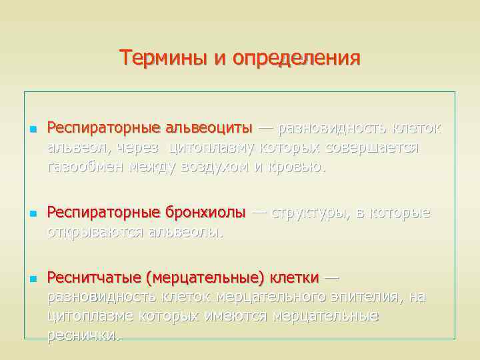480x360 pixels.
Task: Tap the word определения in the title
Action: tap(297, 58)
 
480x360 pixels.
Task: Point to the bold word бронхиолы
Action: tap(204, 213)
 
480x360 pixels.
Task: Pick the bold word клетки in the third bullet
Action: tap(295, 277)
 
